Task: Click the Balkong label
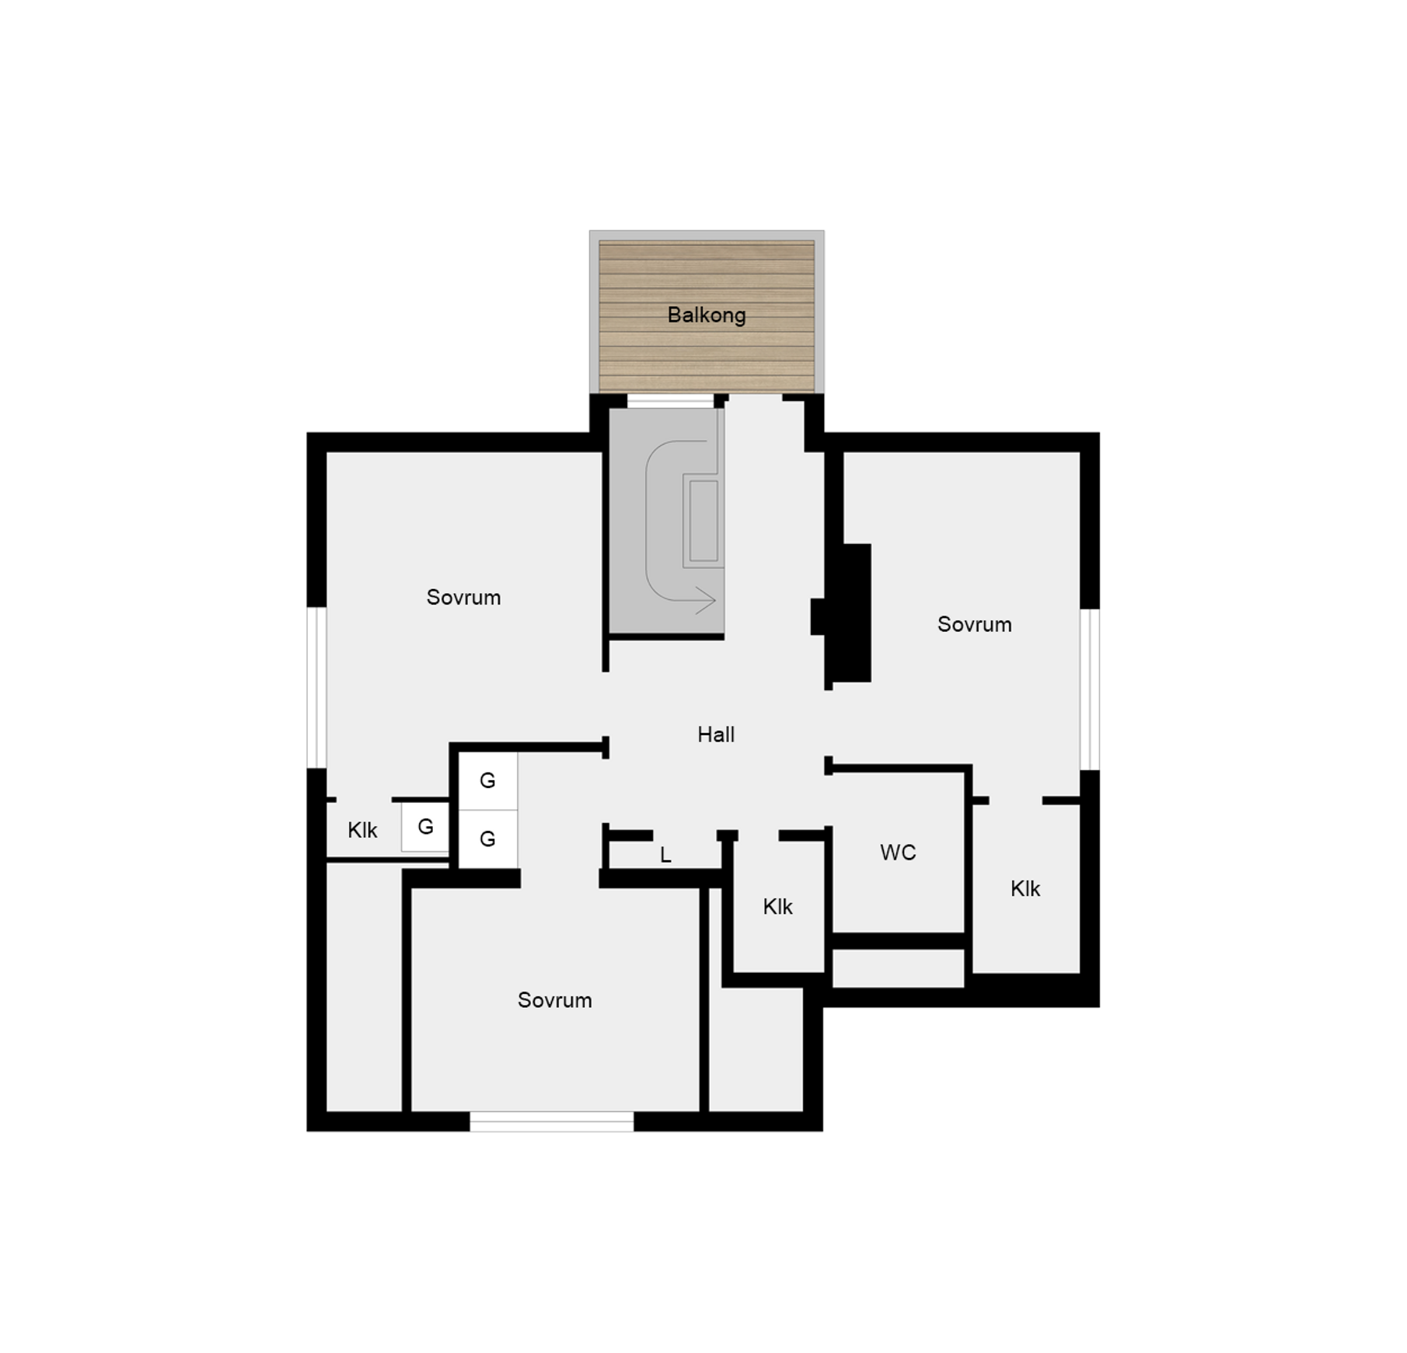pos(706,315)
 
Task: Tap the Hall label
pos(715,734)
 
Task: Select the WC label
pos(898,853)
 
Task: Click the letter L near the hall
pos(665,855)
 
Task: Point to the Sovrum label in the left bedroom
pos(463,597)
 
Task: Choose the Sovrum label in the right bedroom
pos(974,624)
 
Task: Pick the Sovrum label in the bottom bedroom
pos(554,999)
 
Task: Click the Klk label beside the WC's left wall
pos(777,906)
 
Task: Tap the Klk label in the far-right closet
pos(1025,888)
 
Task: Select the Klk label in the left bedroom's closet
pos(362,830)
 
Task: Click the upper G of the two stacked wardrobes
pos(487,780)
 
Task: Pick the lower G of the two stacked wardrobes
pos(487,839)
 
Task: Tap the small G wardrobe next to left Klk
pos(425,826)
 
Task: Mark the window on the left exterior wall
pos(316,687)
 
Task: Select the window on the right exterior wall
pos(1090,689)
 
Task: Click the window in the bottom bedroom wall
pos(552,1121)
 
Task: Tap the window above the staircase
pos(670,401)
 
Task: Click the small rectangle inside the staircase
pos(703,520)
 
